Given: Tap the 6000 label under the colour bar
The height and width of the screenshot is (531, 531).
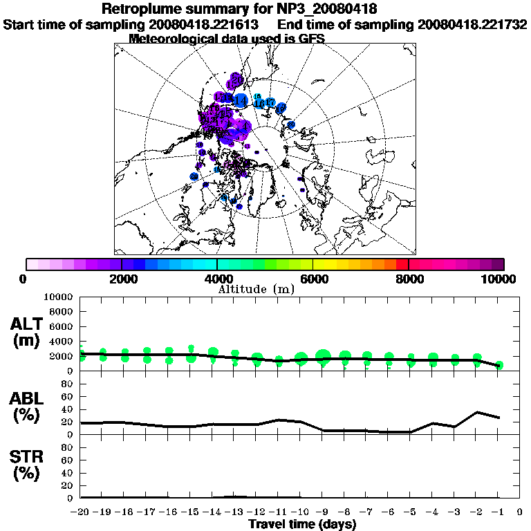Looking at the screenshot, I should (313, 279).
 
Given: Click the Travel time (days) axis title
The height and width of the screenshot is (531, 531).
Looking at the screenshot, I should (302, 524).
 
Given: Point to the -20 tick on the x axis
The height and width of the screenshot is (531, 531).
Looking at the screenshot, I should (80, 512).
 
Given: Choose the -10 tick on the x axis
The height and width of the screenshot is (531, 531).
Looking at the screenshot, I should (300, 512).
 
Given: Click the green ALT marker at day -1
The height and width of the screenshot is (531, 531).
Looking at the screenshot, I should (499, 365).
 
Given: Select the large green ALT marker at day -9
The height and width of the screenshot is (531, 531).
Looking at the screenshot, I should (323, 357).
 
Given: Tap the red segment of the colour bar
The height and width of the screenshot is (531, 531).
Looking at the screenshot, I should (402, 264).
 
